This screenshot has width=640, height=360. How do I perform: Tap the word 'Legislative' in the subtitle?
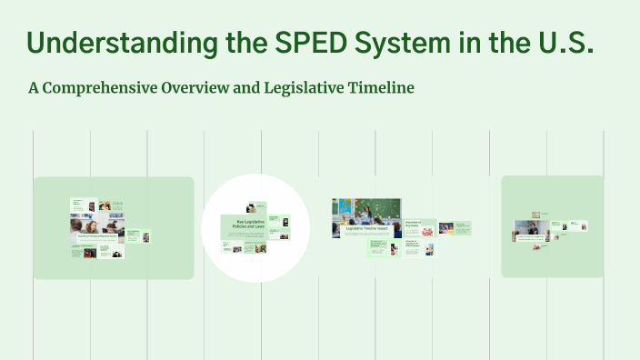coord(310,88)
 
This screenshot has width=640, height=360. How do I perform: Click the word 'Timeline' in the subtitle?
coord(384,88)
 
